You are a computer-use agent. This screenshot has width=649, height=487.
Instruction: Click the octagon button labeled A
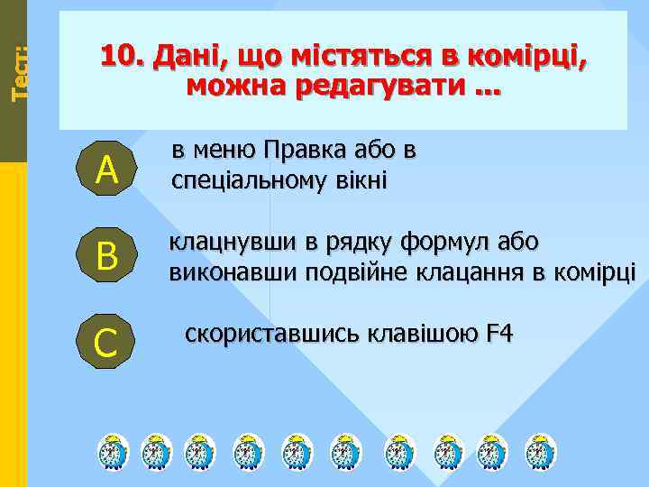pyautogui.click(x=107, y=170)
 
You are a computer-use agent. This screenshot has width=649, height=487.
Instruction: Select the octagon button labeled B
pyautogui.click(x=107, y=256)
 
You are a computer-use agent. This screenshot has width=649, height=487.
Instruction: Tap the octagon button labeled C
pyautogui.click(x=107, y=344)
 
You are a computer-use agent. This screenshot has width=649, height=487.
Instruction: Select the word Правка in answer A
pyautogui.click(x=305, y=149)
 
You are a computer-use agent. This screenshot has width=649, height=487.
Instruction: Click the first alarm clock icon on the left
pyautogui.click(x=113, y=451)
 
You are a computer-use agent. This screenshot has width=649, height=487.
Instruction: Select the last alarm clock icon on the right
pyautogui.click(x=541, y=451)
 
